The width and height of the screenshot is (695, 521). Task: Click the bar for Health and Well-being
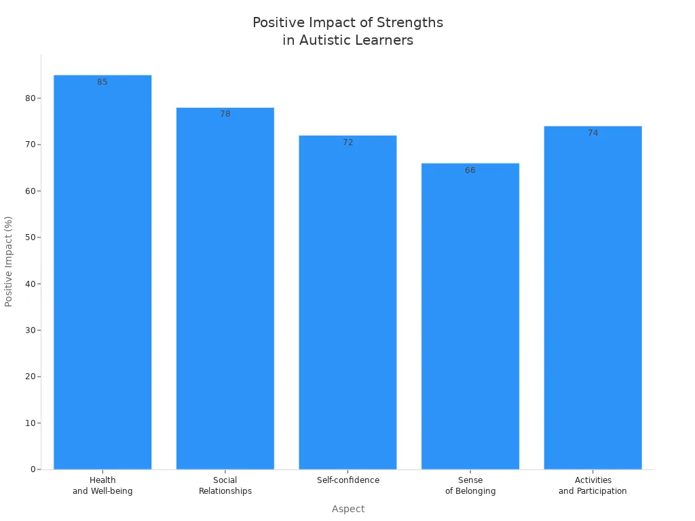tap(102, 271)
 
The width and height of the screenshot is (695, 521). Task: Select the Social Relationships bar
tap(225, 288)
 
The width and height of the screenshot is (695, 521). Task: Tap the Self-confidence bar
tap(347, 302)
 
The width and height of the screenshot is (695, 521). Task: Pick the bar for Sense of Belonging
tap(470, 315)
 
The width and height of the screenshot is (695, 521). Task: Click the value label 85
tap(102, 82)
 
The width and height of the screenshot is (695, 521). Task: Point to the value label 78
tap(225, 114)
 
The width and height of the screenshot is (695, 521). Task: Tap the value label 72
tap(347, 142)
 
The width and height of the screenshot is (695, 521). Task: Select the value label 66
tap(470, 170)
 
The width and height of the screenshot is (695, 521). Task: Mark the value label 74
tap(593, 133)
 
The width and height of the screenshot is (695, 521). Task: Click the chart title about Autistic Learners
tap(347, 31)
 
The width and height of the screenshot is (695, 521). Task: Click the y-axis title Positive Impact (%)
tap(9, 261)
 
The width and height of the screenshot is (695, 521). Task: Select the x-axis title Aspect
tap(347, 509)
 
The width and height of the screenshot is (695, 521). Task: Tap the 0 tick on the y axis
tap(33, 469)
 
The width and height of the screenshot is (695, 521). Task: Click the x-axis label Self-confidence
tap(347, 480)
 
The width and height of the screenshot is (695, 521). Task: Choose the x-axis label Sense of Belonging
tap(470, 486)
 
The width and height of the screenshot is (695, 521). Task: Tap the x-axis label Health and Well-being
tap(102, 486)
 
